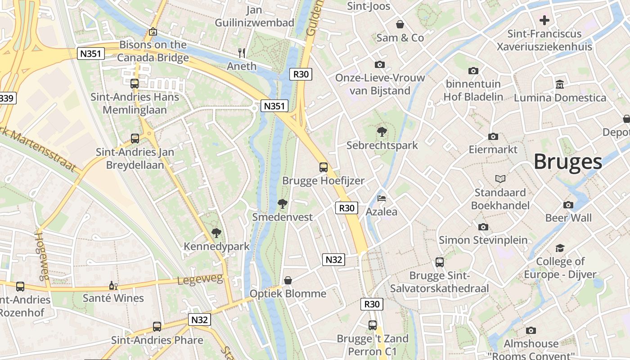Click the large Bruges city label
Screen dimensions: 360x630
[x=567, y=162]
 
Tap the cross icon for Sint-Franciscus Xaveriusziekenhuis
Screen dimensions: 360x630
[x=544, y=20]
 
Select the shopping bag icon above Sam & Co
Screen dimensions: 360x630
[x=400, y=24]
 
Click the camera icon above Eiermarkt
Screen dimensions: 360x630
[x=493, y=136]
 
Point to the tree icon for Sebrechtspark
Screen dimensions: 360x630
[x=382, y=132]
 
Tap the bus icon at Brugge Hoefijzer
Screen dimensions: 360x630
[x=323, y=167]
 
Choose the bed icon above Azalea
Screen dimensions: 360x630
[x=382, y=198]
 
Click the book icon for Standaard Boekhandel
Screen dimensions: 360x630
[x=500, y=179]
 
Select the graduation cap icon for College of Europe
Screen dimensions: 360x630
[x=560, y=248]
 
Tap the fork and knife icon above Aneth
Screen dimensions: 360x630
[x=242, y=53]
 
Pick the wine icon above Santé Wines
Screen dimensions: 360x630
[x=113, y=285]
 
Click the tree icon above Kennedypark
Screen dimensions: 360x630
[x=216, y=233]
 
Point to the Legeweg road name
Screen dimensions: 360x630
[x=200, y=280]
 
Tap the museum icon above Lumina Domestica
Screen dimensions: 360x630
[x=560, y=84]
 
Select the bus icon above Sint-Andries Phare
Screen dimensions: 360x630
[x=157, y=327]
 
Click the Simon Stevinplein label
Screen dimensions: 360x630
[x=483, y=240]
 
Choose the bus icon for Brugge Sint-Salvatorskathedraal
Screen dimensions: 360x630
[x=439, y=262]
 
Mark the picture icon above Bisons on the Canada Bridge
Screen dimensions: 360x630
[x=153, y=31]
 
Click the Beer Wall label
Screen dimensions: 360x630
[x=568, y=218]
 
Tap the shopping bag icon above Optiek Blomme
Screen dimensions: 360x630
[x=288, y=280]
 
